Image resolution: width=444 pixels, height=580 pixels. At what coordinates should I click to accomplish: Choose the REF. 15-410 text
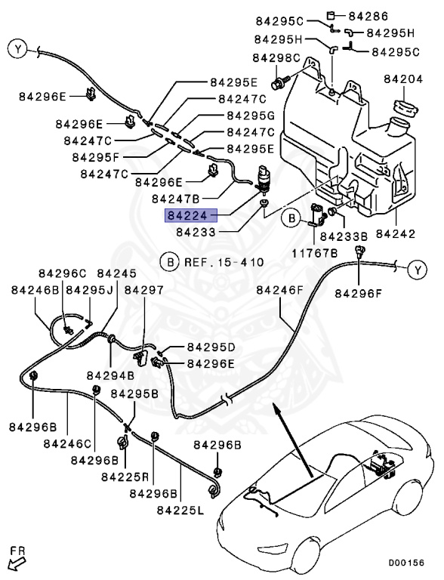coord(220,263)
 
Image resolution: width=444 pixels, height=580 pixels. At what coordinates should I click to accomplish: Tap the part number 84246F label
coord(279,289)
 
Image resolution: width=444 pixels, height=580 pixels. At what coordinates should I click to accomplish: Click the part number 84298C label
coord(276,57)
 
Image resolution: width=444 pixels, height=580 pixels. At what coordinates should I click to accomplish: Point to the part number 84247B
coord(175,199)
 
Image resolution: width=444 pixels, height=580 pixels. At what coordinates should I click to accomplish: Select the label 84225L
coord(180,511)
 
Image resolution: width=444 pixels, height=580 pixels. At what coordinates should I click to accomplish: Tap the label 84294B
coord(109,375)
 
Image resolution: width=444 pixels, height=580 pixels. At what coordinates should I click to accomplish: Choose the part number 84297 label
coord(143,289)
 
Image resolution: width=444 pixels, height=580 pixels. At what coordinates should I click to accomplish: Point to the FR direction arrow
coord(14,560)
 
